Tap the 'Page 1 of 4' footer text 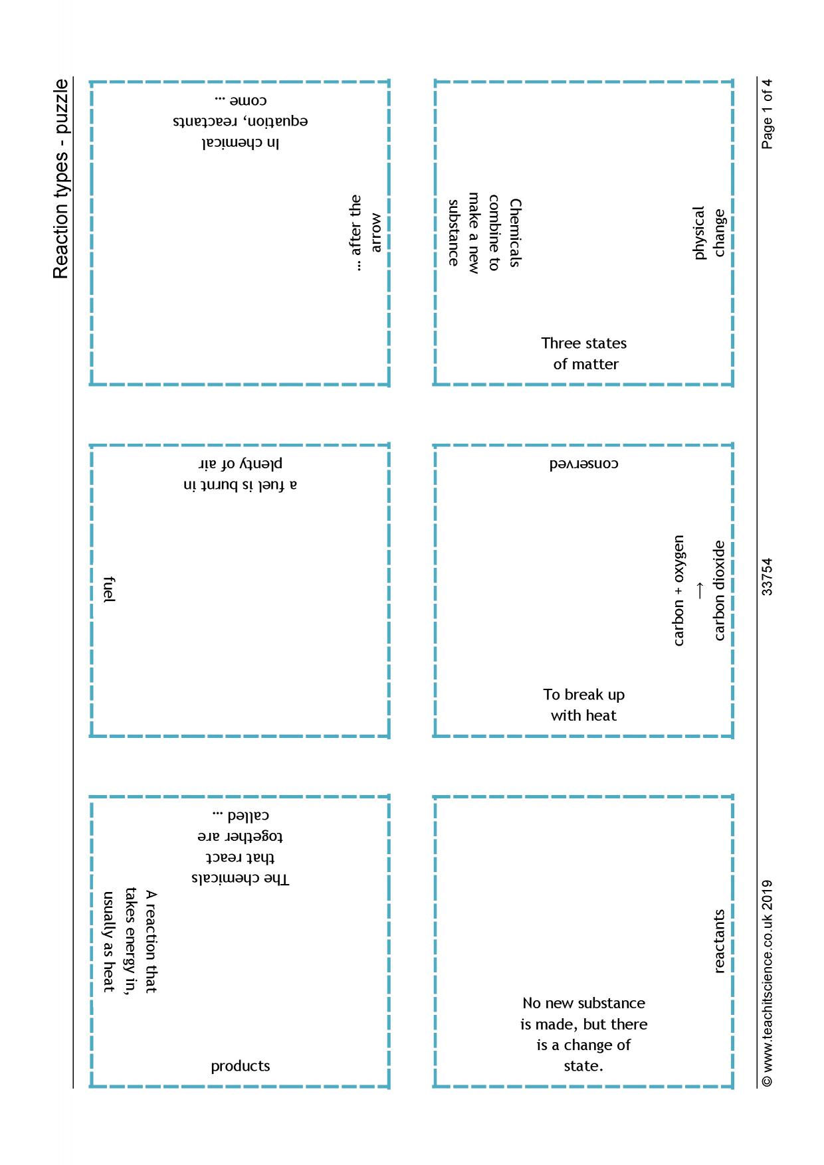pyautogui.click(x=768, y=114)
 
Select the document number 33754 pyautogui.click(x=768, y=577)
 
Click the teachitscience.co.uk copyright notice pyautogui.click(x=768, y=983)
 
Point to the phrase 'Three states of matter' pyautogui.click(x=584, y=353)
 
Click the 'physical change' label pyautogui.click(x=709, y=232)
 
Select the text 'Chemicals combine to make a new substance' pyautogui.click(x=483, y=232)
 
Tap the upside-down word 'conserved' pyautogui.click(x=583, y=464)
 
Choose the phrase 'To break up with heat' pyautogui.click(x=584, y=705)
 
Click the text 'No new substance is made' pyautogui.click(x=584, y=1013)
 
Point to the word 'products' pyautogui.click(x=241, y=1066)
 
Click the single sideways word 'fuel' pyautogui.click(x=110, y=590)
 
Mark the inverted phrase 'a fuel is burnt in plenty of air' pyautogui.click(x=240, y=474)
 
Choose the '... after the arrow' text pyautogui.click(x=365, y=232)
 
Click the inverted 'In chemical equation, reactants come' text pyautogui.click(x=240, y=122)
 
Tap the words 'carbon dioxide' pyautogui.click(x=720, y=590)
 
